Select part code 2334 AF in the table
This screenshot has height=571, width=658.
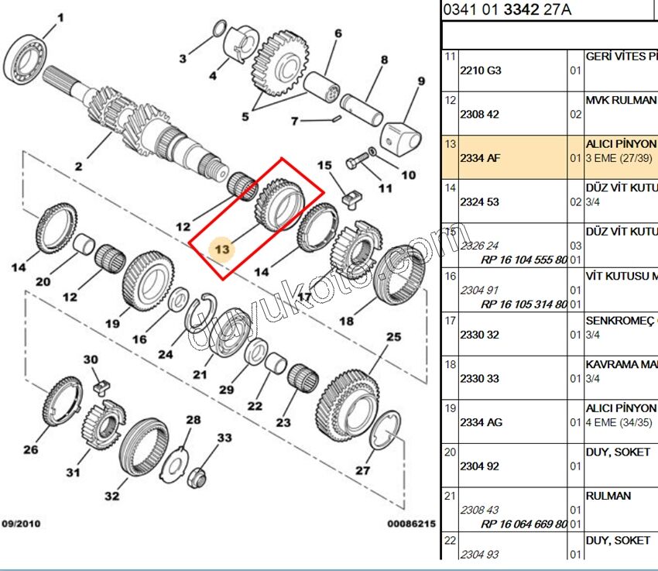(480, 158)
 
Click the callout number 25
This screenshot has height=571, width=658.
(394, 337)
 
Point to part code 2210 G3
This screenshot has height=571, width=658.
(480, 70)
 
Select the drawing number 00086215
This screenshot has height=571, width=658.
(411, 524)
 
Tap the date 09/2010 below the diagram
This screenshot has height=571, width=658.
(20, 524)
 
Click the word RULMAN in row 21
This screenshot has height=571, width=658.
(608, 496)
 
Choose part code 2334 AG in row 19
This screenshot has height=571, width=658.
(481, 422)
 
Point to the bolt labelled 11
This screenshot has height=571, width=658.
(358, 164)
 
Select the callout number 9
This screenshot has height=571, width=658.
(421, 81)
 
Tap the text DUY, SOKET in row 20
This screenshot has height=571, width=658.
(618, 452)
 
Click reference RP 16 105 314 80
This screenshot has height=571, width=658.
(523, 304)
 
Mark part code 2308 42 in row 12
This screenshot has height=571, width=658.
(480, 114)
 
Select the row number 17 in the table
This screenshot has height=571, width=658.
(451, 319)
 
